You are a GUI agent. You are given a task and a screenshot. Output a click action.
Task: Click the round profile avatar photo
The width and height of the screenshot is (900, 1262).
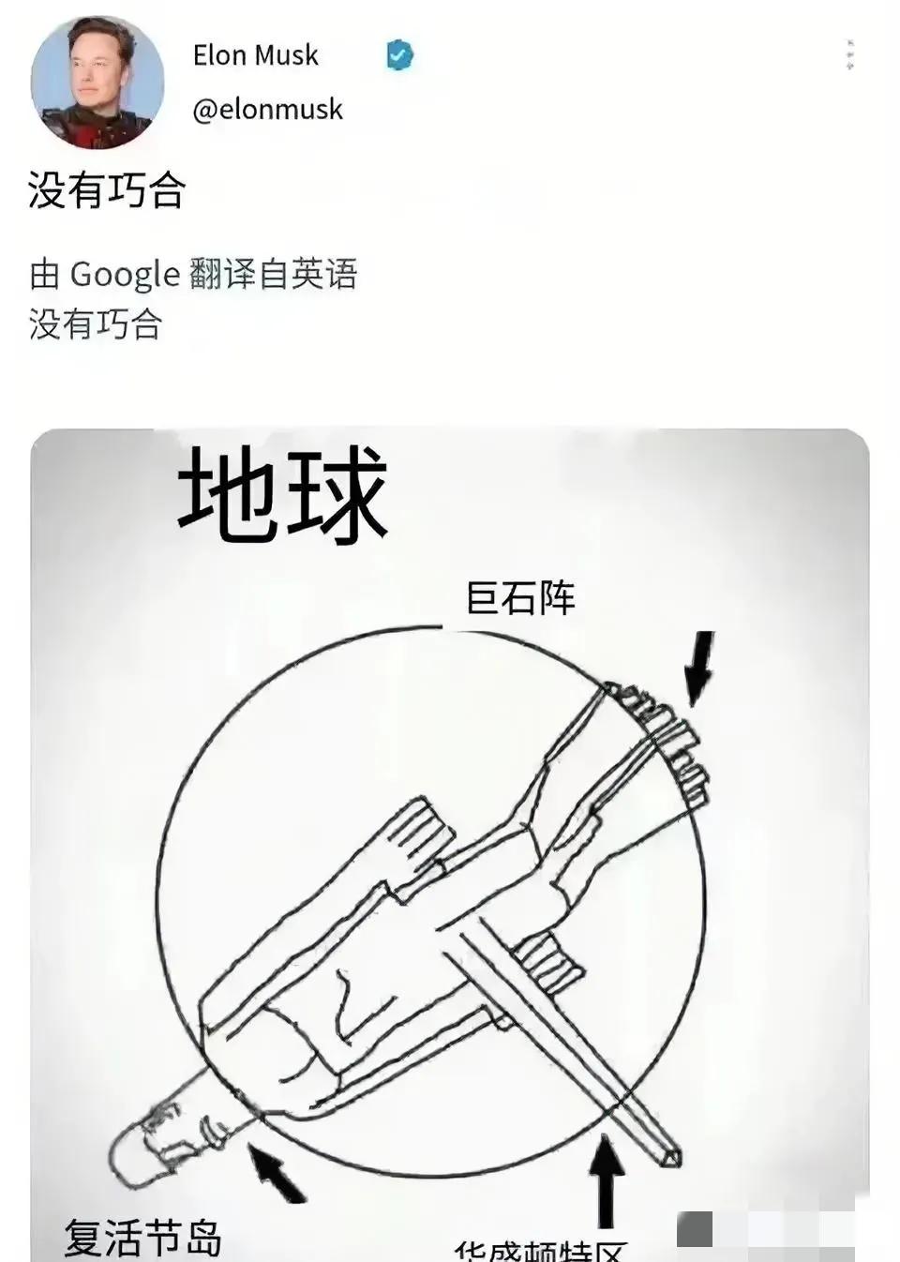tap(97, 83)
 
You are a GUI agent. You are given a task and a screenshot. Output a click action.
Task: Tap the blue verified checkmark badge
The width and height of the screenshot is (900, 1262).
tap(399, 56)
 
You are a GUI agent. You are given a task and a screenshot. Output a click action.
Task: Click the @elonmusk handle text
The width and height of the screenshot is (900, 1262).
tap(267, 110)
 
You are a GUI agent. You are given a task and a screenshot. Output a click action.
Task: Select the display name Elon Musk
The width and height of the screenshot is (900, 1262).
tap(255, 55)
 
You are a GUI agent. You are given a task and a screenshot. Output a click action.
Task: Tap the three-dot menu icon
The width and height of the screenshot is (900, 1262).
tap(849, 56)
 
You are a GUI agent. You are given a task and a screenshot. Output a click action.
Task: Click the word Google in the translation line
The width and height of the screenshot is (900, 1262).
tap(125, 275)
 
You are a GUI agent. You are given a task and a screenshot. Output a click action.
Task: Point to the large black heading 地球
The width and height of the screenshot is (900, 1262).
tap(282, 494)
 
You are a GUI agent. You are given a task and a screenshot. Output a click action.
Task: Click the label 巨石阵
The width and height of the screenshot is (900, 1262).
tap(520, 598)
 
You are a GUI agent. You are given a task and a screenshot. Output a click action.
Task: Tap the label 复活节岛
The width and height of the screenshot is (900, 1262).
tap(142, 1237)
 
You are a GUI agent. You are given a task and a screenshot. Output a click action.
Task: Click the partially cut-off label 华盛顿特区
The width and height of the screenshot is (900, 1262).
tap(540, 1251)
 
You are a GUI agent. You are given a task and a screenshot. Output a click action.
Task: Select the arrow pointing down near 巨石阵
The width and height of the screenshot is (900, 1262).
tap(697, 668)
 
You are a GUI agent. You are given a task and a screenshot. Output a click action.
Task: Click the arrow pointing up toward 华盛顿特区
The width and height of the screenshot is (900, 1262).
tap(607, 1181)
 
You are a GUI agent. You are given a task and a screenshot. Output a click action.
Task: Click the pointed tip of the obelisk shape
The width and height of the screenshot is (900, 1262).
tap(673, 1159)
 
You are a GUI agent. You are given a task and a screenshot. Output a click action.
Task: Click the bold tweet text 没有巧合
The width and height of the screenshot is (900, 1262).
tap(106, 190)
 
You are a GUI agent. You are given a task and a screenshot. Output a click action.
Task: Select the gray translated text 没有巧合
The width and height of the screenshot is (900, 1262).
tap(96, 324)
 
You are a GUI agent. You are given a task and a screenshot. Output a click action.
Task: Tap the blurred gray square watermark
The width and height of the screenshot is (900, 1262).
tap(695, 1229)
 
